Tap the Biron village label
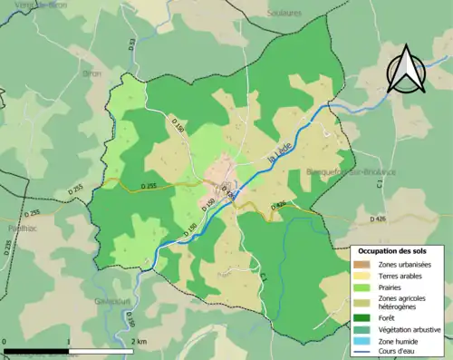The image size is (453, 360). click(x=92, y=73)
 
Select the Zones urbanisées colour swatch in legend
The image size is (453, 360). click(x=363, y=264)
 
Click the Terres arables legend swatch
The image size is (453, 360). click(x=363, y=275)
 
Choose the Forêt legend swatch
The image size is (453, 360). click(x=363, y=316)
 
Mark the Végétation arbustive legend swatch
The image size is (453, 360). click(x=363, y=327)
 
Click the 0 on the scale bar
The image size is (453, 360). click(x=5, y=340)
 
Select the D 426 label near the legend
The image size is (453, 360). click(x=379, y=219)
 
